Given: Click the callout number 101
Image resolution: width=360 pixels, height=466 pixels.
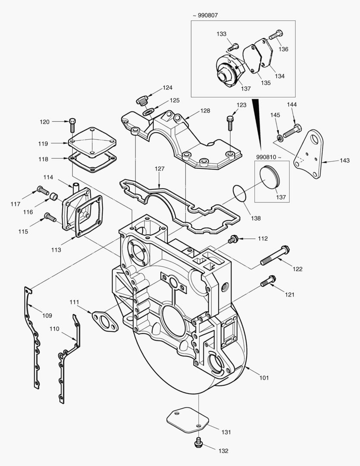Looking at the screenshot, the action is (264, 378).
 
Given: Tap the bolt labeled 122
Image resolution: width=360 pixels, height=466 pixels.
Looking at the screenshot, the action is (275, 255).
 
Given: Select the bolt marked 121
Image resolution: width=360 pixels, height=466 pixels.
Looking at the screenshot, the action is (268, 281).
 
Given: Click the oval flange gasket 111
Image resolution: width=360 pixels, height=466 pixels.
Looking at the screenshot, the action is (105, 321).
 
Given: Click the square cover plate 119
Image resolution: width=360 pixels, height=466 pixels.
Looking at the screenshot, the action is (92, 142).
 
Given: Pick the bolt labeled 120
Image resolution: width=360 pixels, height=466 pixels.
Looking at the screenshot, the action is (72, 125).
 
